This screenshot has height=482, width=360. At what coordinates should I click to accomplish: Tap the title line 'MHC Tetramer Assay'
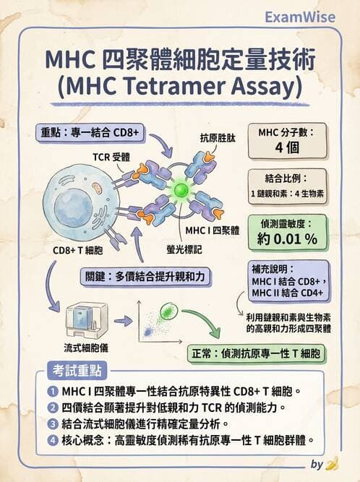[179, 89]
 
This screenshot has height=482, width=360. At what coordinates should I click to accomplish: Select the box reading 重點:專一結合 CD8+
[89, 132]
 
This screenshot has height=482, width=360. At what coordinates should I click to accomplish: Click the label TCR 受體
[111, 156]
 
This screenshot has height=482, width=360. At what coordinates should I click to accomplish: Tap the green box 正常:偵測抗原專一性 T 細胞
[256, 354]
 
